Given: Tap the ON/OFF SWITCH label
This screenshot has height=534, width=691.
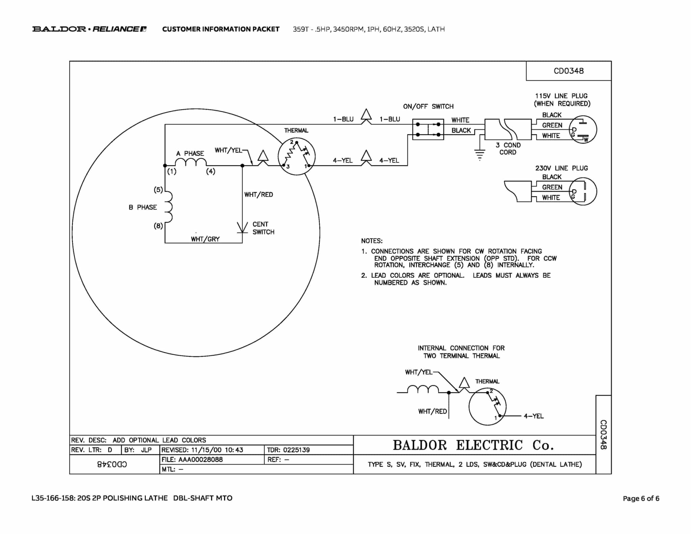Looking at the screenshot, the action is coord(428,106).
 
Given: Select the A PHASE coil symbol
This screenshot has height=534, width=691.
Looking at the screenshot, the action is coord(191,162).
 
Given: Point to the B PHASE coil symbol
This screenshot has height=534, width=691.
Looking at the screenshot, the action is coord(168,207).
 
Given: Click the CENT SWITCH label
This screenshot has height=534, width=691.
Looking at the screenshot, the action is coord(263,228).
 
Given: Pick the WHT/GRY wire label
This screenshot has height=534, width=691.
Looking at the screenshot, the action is coord(205,239).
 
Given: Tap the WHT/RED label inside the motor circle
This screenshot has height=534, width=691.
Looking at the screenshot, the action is coord(258,194).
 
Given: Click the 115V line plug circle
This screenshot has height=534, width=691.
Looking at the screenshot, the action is coord(583,130).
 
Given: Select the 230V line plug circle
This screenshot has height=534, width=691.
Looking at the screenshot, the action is coord(583,191).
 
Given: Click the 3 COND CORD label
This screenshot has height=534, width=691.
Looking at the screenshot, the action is coord(508,149).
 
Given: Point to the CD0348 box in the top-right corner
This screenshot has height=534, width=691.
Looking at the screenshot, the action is coord(569,71).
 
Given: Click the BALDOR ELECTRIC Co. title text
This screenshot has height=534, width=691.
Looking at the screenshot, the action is coord(473,445).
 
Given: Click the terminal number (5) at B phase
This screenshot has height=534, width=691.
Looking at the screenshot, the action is coord(158,190).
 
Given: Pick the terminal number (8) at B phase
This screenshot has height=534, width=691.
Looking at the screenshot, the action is coord(158,226).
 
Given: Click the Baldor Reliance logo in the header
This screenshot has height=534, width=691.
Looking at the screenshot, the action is coord(89,29).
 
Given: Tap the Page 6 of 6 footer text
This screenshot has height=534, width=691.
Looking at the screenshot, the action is coord(641,498).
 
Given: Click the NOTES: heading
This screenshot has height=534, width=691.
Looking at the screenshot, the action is coord(372,241).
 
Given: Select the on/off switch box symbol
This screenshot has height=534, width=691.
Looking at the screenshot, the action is coord(428,130).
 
